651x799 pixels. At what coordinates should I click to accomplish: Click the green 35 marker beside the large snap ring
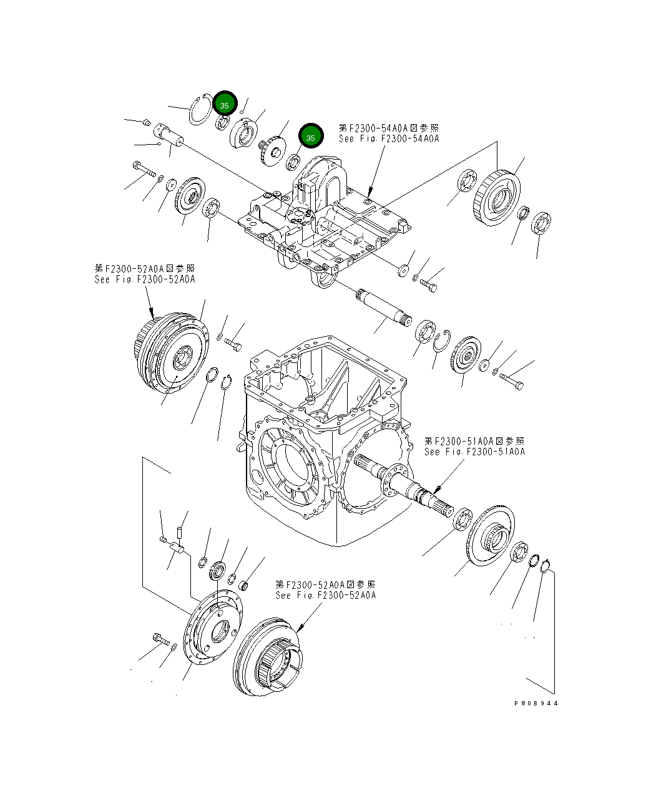(225, 105)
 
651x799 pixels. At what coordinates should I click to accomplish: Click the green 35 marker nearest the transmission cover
(310, 137)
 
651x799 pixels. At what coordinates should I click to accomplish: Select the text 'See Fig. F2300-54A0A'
(388, 138)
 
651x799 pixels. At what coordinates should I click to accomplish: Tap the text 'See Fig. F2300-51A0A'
(474, 452)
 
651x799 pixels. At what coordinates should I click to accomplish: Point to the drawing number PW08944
(536, 703)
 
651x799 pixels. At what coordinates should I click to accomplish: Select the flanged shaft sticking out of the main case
(399, 480)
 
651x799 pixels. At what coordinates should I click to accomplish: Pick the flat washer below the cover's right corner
(404, 270)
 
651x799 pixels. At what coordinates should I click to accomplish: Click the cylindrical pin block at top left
(167, 133)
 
